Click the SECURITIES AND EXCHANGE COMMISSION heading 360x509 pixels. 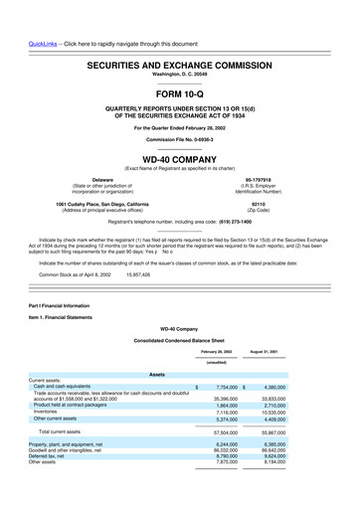tap(180, 62)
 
